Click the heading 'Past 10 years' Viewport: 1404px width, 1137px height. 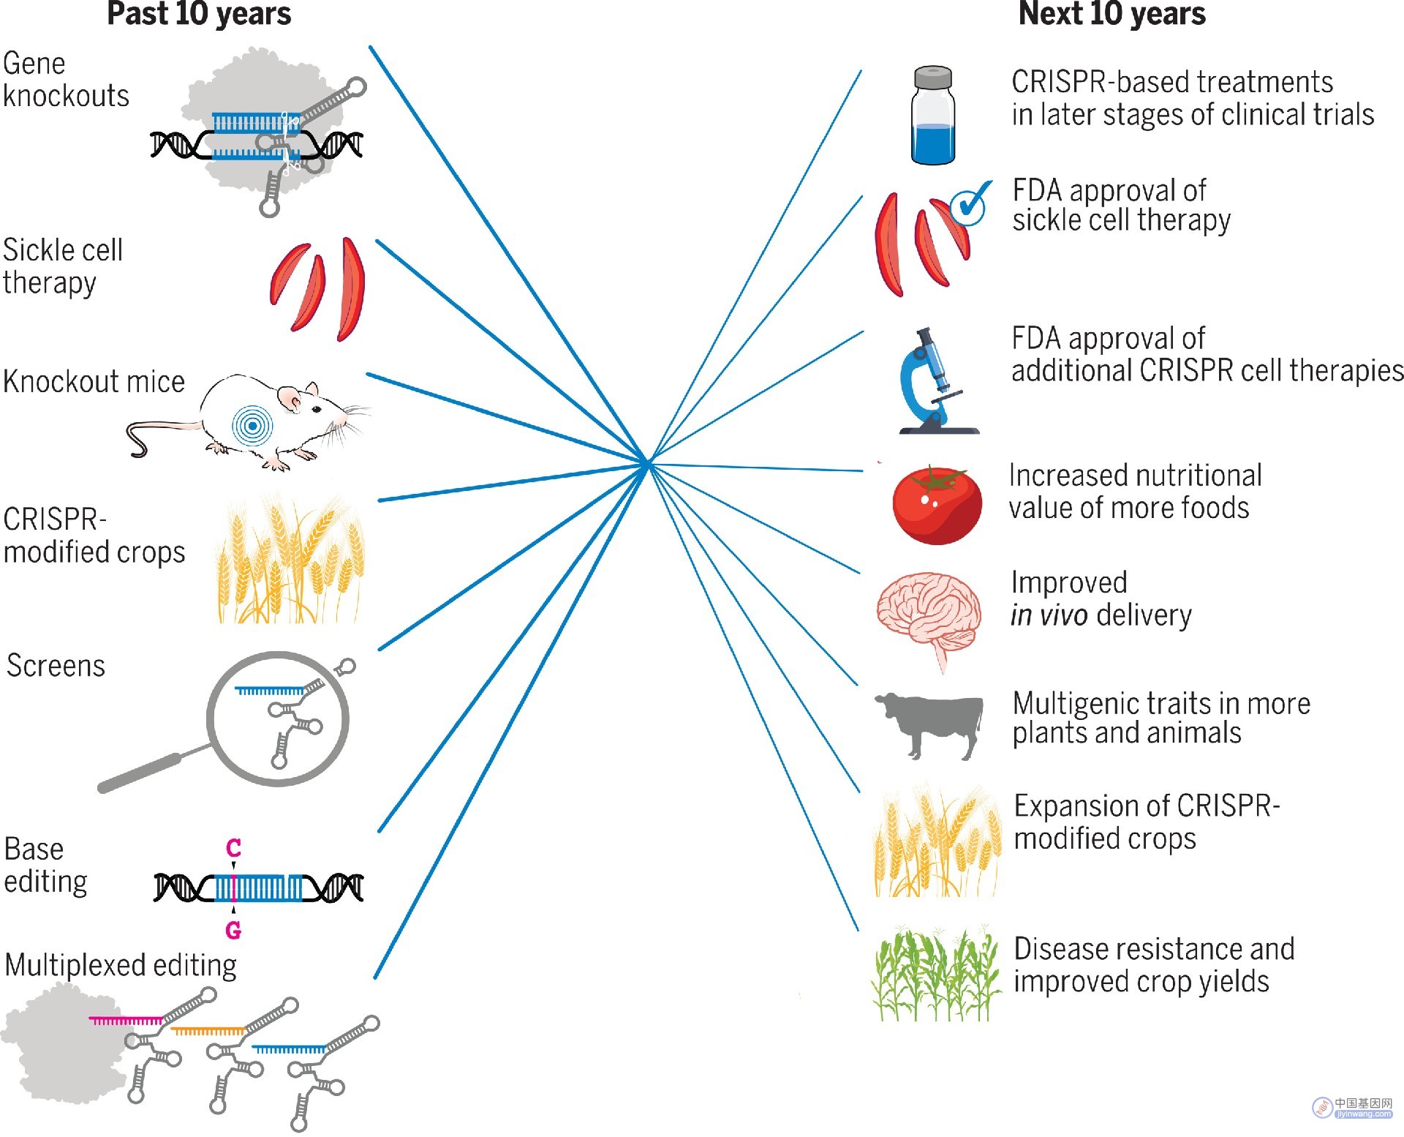pos(199,14)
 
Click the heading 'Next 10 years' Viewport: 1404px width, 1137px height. pos(1111,14)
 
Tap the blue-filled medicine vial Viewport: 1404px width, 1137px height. pos(933,116)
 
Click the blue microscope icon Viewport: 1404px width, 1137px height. pos(937,381)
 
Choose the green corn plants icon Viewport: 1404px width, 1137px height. pos(935,973)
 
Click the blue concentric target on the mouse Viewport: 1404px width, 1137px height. pos(252,426)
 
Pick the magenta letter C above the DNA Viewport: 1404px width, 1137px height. pos(233,848)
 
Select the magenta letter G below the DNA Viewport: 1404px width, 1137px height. pos(233,930)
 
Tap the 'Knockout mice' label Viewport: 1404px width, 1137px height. pos(94,382)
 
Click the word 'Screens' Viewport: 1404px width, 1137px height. pos(56,666)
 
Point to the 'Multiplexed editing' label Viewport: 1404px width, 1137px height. pos(121,966)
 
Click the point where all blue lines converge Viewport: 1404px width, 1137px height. pos(647,464)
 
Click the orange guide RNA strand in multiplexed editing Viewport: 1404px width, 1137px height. pos(207,1031)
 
